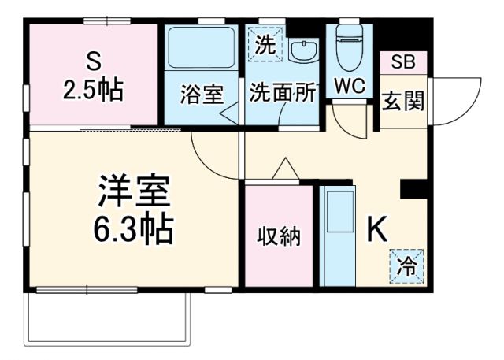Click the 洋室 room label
(x=133, y=191)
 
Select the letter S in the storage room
(x=93, y=61)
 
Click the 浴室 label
(x=202, y=94)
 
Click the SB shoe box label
(x=402, y=61)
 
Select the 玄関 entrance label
(x=402, y=101)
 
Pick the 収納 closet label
(x=280, y=236)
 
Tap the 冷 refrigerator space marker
(x=407, y=266)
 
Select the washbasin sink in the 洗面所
(x=302, y=52)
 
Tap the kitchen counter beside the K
(x=339, y=236)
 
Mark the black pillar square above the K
(x=413, y=189)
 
